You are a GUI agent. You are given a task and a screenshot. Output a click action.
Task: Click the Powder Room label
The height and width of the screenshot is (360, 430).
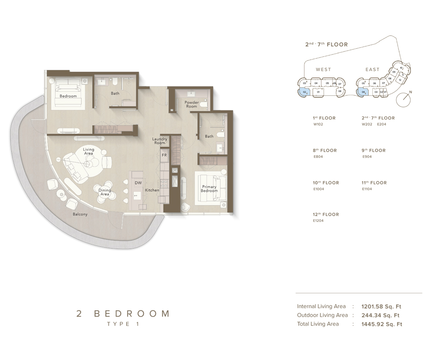coord(192,104)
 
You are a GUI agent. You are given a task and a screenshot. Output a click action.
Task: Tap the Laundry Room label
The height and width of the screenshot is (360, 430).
coord(160,141)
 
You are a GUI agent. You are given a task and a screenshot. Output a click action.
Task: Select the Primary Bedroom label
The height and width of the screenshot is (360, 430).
coord(209,189)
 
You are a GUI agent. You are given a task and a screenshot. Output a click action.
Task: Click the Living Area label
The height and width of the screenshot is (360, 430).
coord(88,151)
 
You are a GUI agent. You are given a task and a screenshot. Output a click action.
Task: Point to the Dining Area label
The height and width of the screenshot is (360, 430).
coord(105,192)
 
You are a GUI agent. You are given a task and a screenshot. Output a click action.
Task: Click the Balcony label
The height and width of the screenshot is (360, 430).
coord(80,214)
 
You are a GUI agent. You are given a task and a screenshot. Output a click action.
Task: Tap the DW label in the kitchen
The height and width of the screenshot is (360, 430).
coord(138,183)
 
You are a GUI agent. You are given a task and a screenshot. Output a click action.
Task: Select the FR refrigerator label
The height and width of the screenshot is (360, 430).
coord(164,155)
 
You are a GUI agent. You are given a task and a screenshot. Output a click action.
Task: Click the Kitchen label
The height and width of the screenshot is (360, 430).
coord(152,190)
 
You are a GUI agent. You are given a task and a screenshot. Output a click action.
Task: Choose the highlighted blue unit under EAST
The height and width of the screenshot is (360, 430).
coord(363,92)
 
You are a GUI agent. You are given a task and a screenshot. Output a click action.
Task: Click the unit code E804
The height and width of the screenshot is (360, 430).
coord(318,157)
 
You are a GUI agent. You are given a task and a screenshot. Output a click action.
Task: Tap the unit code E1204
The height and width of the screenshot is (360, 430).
coord(318,221)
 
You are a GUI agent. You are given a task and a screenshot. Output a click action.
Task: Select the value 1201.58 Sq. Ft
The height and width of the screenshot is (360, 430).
coord(380,306)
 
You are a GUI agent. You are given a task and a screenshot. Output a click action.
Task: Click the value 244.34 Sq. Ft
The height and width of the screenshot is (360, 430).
coord(380,315)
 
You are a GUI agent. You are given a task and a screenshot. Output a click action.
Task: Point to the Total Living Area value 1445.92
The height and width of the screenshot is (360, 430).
coord(381,324)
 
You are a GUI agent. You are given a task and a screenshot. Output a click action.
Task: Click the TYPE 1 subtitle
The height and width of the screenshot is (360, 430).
coord(123,324)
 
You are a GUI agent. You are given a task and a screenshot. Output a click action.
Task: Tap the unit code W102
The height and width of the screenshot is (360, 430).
coord(318,124)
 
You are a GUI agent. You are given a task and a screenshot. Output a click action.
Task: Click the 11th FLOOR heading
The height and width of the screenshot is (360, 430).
coord(374,183)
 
